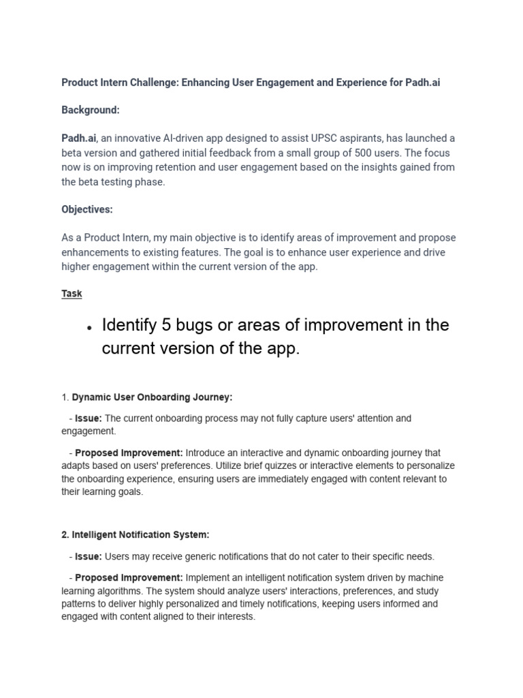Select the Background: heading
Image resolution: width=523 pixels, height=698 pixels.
coord(91,110)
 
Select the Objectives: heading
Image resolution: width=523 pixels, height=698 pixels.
coord(87,209)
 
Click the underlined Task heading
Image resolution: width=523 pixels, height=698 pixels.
coord(72,293)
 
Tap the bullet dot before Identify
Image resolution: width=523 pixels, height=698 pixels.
coord(89,327)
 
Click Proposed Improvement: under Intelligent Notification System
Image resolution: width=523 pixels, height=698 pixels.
coord(129,577)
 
